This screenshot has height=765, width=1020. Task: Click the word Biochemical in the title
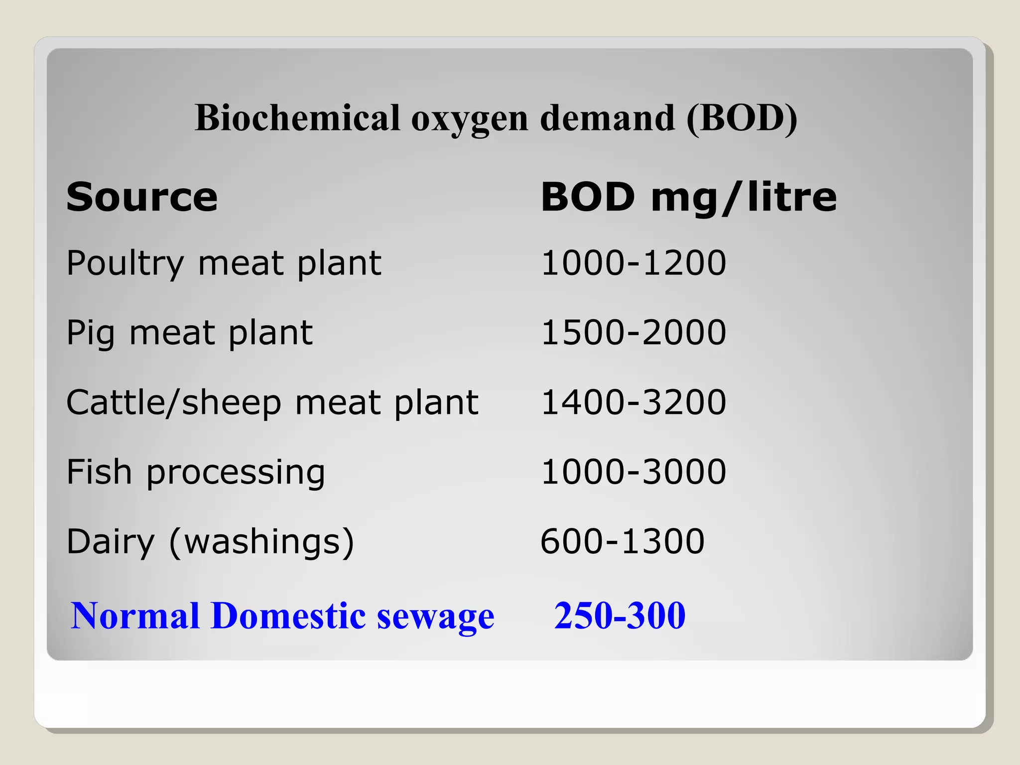[x=297, y=118]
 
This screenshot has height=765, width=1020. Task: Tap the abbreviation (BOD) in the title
[x=742, y=118]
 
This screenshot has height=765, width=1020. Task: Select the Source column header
[x=142, y=197]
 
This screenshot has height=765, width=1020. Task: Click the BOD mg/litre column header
[x=688, y=197]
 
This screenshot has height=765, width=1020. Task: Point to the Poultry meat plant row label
[x=224, y=263]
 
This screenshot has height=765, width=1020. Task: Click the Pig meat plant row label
[x=189, y=333]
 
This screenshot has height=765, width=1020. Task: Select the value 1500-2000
[x=634, y=333]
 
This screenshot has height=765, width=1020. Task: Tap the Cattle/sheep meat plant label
[x=272, y=402]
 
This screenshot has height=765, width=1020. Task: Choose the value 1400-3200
[x=634, y=402]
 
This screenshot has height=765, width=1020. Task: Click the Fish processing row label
[x=195, y=472]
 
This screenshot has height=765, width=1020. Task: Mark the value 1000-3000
[x=634, y=472]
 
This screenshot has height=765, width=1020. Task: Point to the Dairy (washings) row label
[x=210, y=542]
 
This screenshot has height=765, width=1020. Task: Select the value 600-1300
[x=623, y=542]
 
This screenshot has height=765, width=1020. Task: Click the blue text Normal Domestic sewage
[x=282, y=616]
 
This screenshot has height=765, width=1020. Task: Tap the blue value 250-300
[x=620, y=616]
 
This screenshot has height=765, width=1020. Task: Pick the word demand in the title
[x=608, y=118]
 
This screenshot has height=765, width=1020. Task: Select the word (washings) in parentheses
[x=261, y=542]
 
